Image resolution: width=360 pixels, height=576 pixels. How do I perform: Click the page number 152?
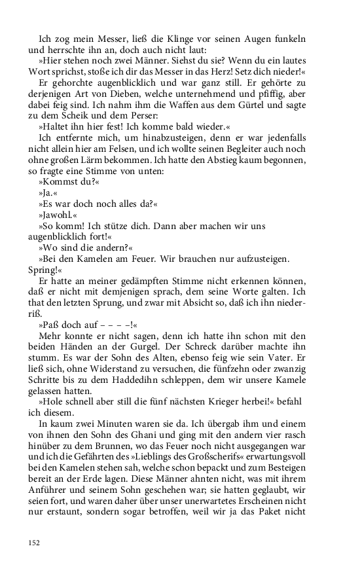[x=34, y=542]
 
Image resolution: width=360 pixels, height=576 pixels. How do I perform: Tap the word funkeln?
[x=289, y=38]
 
